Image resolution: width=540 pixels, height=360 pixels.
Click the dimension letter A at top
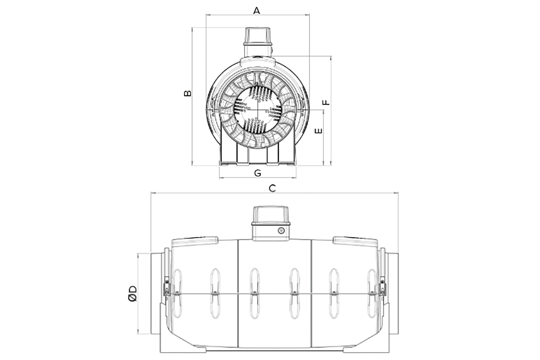tap(256, 11)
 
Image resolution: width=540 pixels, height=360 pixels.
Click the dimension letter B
tap(187, 93)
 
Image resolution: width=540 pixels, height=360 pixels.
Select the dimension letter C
tap(272, 188)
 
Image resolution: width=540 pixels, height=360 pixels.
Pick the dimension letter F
tap(326, 102)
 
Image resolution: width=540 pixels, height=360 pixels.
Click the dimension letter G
tap(257, 173)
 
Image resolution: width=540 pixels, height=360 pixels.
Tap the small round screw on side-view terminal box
tap(281, 231)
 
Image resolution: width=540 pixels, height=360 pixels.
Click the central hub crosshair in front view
tap(257, 110)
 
